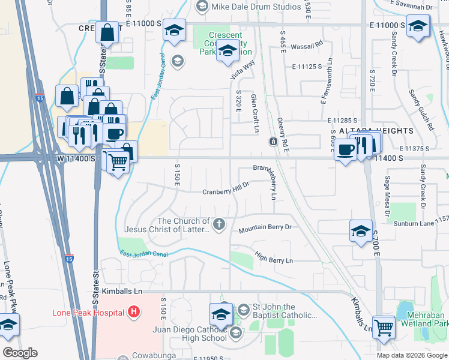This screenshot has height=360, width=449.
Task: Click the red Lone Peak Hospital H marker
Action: [134, 313]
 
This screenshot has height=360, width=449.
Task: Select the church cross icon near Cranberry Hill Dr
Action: [220, 225]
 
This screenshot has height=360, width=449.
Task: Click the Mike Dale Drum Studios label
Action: [256, 7]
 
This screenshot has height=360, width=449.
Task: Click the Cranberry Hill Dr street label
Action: [225, 190]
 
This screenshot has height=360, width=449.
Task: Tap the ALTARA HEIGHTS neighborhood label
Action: [376, 131]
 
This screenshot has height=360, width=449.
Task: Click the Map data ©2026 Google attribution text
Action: [412, 355]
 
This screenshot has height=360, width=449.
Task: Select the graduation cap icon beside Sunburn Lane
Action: [360, 230]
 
